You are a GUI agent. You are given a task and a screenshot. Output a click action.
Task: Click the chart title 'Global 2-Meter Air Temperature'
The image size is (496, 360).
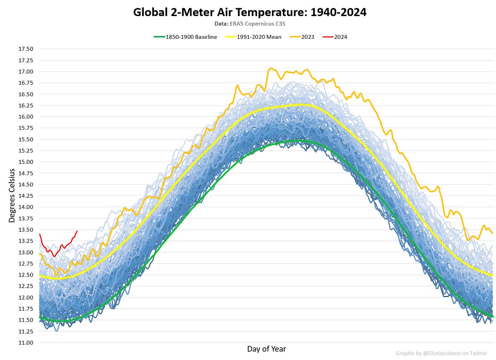point(250,12)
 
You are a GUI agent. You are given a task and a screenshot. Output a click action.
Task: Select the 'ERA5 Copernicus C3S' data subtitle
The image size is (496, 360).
point(250,23)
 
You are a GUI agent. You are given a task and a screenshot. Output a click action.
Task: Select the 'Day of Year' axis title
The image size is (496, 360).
point(267,349)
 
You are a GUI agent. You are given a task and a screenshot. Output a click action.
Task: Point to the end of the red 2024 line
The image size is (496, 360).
point(77,231)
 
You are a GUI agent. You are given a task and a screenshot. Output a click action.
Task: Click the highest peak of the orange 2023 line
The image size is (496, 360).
point(271,68)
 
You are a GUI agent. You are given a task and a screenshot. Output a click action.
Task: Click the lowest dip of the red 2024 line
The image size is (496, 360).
point(54,256)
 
